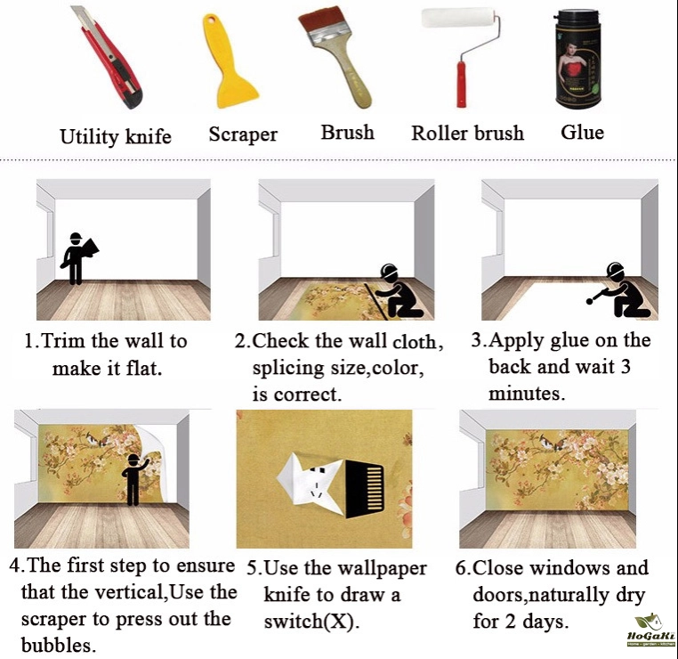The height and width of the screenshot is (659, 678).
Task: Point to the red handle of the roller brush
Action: point(462,85)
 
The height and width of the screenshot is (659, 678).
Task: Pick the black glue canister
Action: point(577,61)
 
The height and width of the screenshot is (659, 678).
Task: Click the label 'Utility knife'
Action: point(116,136)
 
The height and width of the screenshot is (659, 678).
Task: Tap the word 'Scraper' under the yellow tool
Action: point(243,134)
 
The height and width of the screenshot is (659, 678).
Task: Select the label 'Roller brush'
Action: point(467,133)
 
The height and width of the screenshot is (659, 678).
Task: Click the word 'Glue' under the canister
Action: point(582,132)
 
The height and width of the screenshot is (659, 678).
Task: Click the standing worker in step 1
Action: point(77,258)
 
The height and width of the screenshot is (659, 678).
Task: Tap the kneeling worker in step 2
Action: point(397,291)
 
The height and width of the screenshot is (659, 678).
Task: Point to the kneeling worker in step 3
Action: point(619,289)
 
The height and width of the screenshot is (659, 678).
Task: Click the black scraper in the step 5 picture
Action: point(365,489)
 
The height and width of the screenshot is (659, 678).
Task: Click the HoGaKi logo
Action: point(650,630)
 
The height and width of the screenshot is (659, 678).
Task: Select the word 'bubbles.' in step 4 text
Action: point(59,646)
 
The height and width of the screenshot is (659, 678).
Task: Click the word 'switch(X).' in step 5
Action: point(311,622)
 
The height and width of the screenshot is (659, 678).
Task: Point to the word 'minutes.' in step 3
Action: point(527,394)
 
